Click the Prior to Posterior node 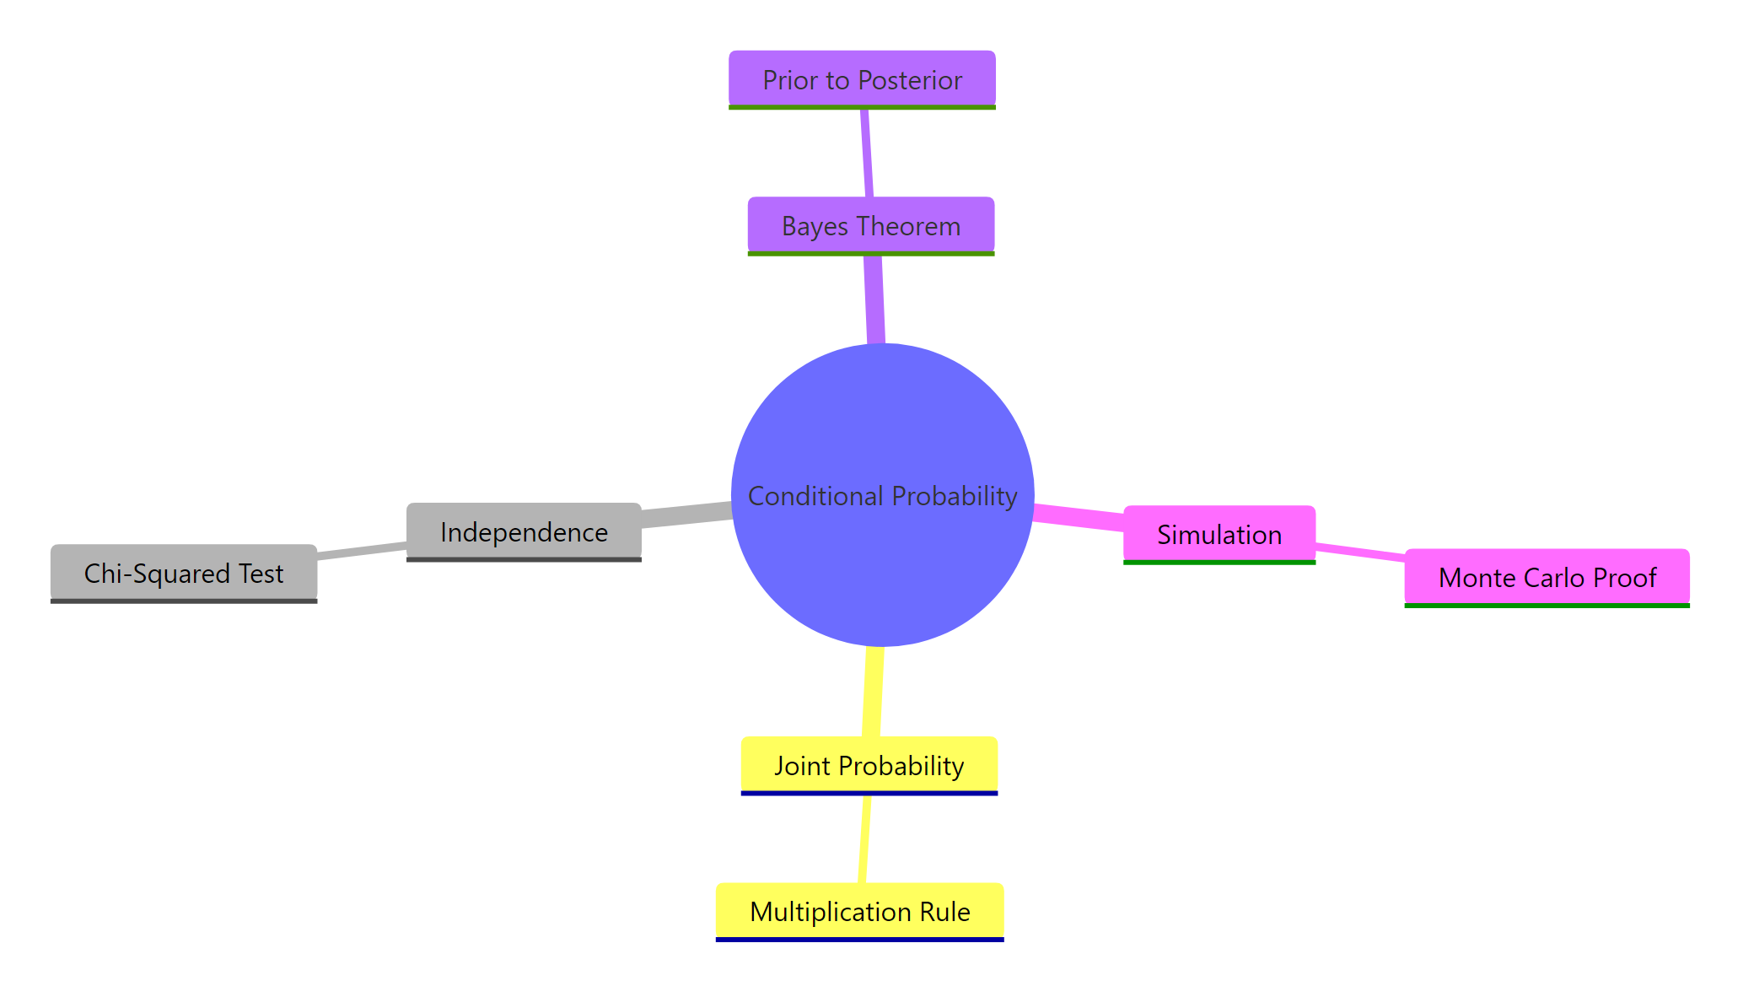[862, 79]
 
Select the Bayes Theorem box [870, 225]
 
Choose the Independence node [524, 531]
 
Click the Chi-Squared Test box [184, 573]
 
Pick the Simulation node [1219, 534]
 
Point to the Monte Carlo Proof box [1547, 577]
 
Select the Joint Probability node [869, 765]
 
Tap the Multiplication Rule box [859, 911]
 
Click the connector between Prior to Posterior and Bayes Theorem [867, 153]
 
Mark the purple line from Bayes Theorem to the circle [874, 299]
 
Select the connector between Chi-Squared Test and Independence [362, 551]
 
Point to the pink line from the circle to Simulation [1079, 516]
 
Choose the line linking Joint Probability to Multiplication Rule [864, 839]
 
